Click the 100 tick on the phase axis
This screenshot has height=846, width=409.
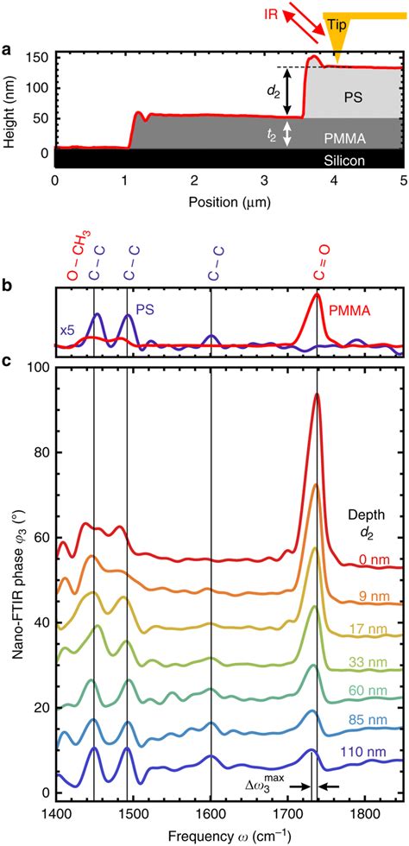point(37,368)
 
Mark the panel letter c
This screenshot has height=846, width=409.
point(7,361)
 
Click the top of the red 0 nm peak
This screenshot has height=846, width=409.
point(317,395)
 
